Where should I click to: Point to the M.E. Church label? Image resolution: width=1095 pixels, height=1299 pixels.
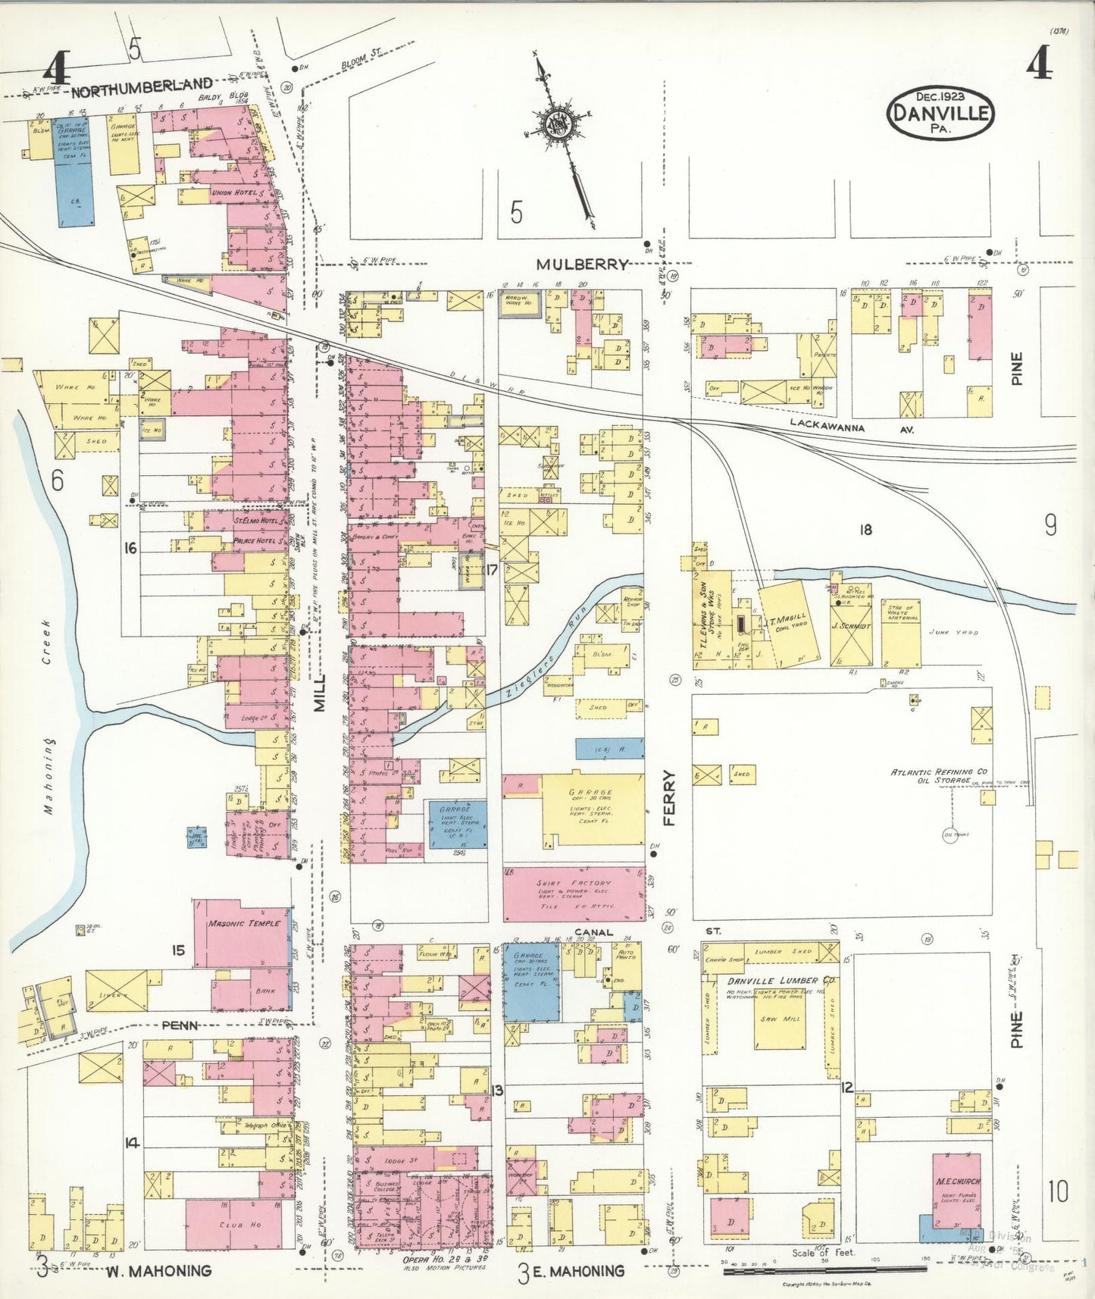pyautogui.click(x=957, y=1181)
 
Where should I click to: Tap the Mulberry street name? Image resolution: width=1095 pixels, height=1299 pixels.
pyautogui.click(x=582, y=264)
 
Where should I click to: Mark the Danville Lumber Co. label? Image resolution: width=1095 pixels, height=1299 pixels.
pyautogui.click(x=780, y=981)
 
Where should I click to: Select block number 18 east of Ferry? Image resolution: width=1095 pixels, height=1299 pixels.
pyautogui.click(x=865, y=530)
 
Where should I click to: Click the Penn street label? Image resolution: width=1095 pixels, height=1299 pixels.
pyautogui.click(x=180, y=1025)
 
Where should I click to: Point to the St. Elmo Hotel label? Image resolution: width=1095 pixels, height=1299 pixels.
pyautogui.click(x=256, y=521)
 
